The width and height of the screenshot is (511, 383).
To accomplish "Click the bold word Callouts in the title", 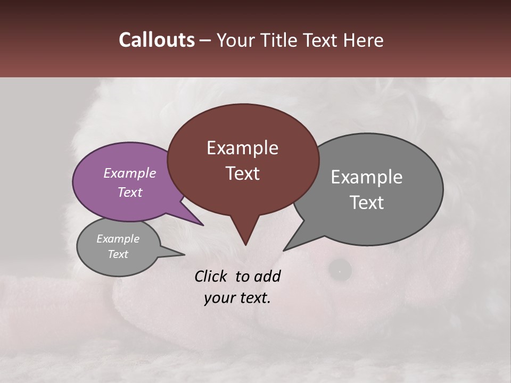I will [156, 40].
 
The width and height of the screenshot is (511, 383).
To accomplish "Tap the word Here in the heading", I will [363, 40].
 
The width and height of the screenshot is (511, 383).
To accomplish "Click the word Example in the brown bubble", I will [242, 148].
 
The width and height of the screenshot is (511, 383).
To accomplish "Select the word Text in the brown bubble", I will [242, 173].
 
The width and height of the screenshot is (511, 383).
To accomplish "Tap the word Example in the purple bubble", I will [129, 173].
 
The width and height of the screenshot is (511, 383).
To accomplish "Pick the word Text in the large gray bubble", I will [367, 203].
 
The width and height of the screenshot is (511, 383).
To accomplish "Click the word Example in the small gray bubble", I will [118, 239].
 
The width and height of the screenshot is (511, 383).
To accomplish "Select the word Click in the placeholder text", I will [211, 276].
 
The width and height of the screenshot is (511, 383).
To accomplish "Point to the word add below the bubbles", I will [267, 276].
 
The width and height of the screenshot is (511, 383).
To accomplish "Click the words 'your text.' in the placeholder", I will [237, 298].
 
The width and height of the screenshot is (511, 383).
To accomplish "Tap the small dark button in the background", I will [339, 270].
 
